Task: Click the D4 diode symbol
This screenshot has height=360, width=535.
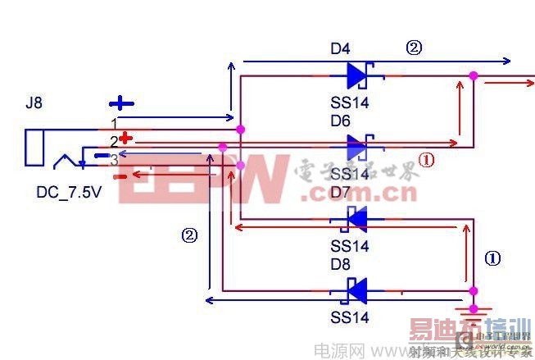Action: [x=358, y=75]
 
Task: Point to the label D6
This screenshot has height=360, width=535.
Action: [x=340, y=121]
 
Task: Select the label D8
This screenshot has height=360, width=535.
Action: [x=340, y=264]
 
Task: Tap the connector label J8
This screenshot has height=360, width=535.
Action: [x=34, y=104]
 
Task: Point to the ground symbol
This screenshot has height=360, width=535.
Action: [x=473, y=312]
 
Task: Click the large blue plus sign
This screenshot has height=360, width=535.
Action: [x=121, y=103]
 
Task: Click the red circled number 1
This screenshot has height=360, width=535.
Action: [x=425, y=160]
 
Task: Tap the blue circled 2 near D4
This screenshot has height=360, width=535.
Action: [x=414, y=48]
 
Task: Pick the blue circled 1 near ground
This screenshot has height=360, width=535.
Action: [x=492, y=257]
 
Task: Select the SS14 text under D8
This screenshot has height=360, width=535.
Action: [x=350, y=317]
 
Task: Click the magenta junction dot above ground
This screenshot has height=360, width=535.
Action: [x=473, y=290]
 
